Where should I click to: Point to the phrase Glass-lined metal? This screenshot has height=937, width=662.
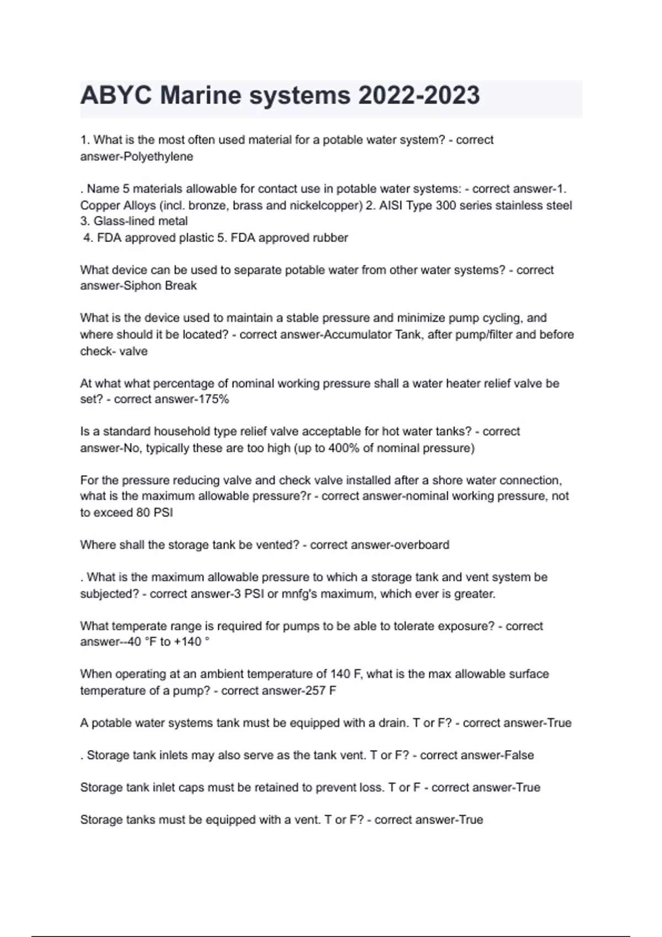134,221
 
